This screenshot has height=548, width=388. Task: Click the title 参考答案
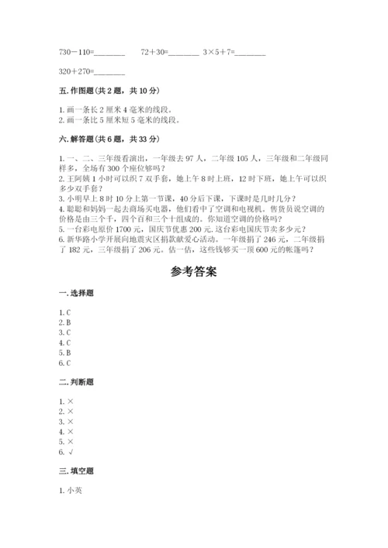point(194,272)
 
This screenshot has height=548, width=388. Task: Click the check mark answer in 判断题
point(71,452)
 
